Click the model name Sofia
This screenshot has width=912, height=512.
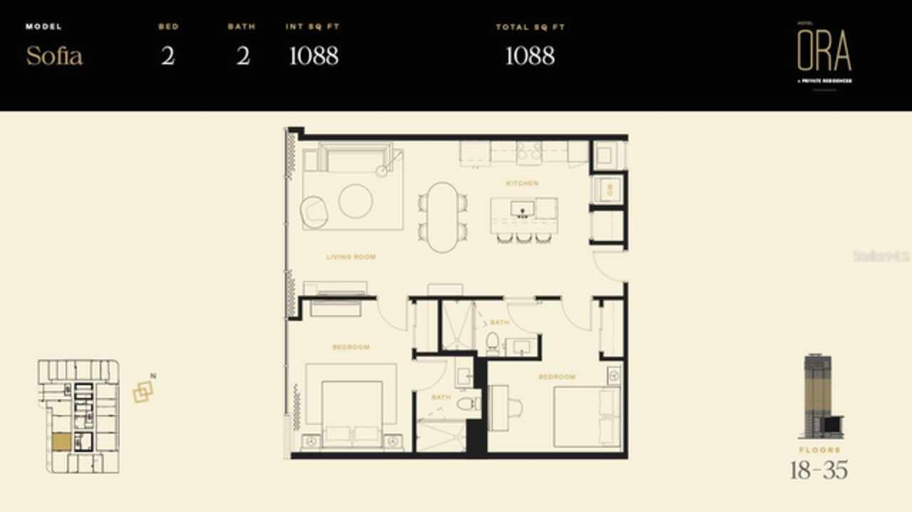(x=54, y=56)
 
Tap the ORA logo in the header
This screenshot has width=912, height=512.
(x=824, y=52)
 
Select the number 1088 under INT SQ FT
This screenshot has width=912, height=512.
(x=313, y=56)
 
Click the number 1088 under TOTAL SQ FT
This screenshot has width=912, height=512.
(x=529, y=56)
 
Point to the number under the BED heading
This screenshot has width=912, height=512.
(x=168, y=56)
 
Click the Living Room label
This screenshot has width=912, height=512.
(x=351, y=257)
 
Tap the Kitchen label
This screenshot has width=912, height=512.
(x=522, y=183)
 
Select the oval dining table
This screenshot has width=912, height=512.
(x=443, y=217)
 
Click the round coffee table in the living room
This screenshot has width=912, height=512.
(x=356, y=201)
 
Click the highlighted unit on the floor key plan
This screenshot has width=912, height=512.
(x=61, y=442)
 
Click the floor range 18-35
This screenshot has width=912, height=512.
(x=819, y=470)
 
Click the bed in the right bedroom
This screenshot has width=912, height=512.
(x=586, y=417)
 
